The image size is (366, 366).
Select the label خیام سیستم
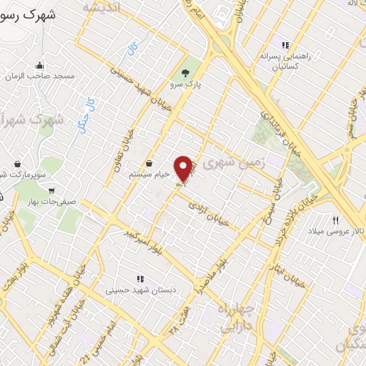[x=149, y=174]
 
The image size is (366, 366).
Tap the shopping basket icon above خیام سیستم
[x=149, y=163]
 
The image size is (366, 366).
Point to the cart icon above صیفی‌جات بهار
[x=51, y=191]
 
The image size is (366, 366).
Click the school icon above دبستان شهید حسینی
[x=139, y=279]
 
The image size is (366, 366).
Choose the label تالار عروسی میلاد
[x=336, y=232]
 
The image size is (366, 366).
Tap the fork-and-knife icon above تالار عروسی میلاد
[x=335, y=219]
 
